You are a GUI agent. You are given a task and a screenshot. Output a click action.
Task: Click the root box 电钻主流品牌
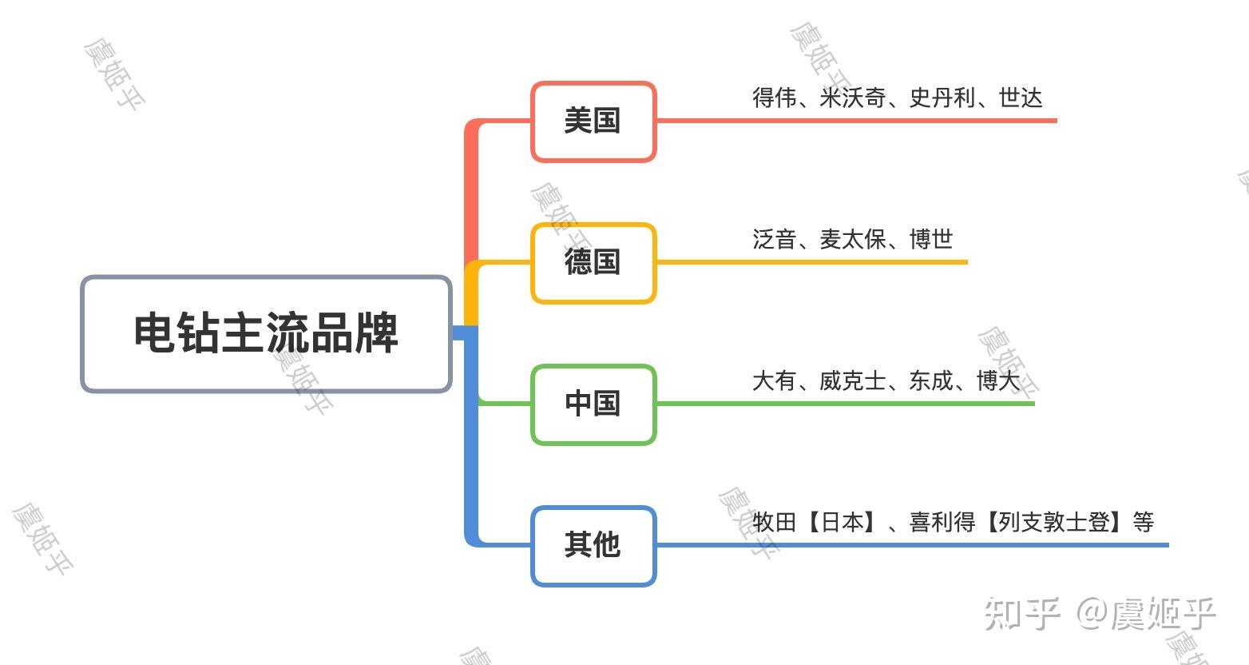coord(266,333)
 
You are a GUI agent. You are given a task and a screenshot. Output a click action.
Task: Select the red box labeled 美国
coord(593,121)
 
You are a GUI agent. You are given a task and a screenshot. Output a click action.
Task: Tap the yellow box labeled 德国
coord(593,263)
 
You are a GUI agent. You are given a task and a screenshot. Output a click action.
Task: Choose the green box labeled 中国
coord(593,404)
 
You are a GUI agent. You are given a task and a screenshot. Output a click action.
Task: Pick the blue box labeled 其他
coord(593,545)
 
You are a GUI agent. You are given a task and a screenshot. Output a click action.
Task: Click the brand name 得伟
coord(774,98)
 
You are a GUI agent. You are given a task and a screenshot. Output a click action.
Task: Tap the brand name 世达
coord(1020,98)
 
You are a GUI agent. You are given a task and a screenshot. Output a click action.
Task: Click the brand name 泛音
coord(774,239)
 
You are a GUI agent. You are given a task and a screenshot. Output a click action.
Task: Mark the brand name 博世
coord(930,239)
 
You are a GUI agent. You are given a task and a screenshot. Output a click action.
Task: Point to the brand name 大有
coord(774,380)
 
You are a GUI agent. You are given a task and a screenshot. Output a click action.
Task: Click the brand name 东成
coord(930,380)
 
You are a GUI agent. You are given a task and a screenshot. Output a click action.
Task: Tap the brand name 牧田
coord(774,523)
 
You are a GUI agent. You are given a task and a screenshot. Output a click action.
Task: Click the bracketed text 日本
coord(842,523)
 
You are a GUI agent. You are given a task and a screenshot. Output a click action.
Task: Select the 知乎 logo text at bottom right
coord(1021,613)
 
